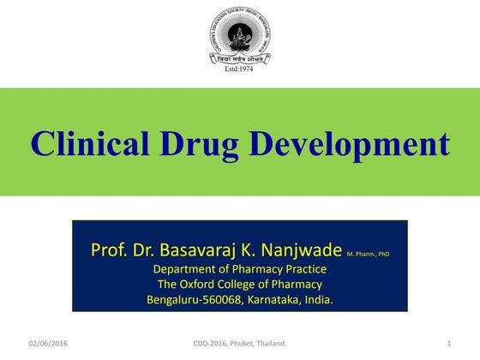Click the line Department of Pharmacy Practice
click(239, 270)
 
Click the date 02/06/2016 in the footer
click(48, 344)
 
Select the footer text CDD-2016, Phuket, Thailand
click(241, 344)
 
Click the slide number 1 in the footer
click(449, 344)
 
